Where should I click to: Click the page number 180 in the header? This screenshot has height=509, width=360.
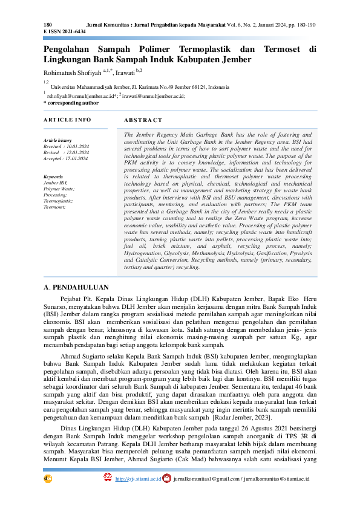pyautogui.click(x=48, y=24)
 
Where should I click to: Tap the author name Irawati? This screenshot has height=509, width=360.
pyautogui.click(x=141, y=71)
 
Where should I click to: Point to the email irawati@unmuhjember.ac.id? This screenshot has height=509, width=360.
pyautogui.click(x=154, y=96)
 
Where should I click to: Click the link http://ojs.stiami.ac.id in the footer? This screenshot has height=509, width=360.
pyautogui.click(x=138, y=479)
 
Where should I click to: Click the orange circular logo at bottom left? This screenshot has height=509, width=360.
pyautogui.click(x=48, y=478)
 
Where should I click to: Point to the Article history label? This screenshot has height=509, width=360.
pyautogui.click(x=58, y=140)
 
